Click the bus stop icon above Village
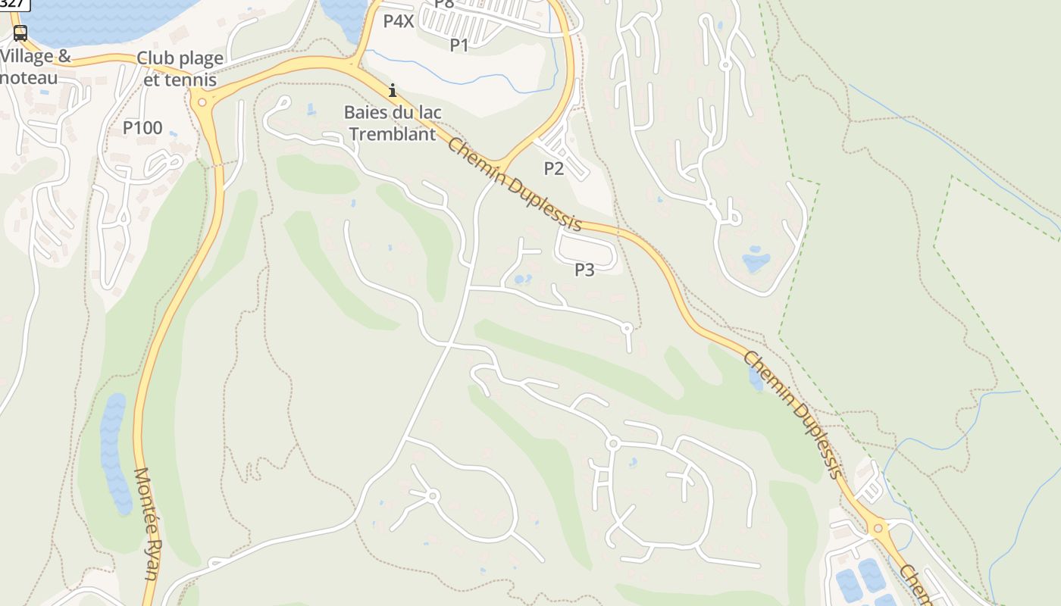pyautogui.click(x=20, y=33)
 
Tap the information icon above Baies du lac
pyautogui.click(x=393, y=91)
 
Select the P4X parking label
pyautogui.click(x=399, y=21)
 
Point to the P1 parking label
pyautogui.click(x=459, y=45)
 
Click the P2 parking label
pyautogui.click(x=554, y=168)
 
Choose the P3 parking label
pyautogui.click(x=584, y=270)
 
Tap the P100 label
pyautogui.click(x=142, y=128)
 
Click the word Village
pyautogui.click(x=28, y=57)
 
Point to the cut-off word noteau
pyautogui.click(x=30, y=77)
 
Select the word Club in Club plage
pyautogui.click(x=155, y=59)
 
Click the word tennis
pyautogui.click(x=190, y=80)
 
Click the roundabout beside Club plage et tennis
pyautogui.click(x=201, y=101)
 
